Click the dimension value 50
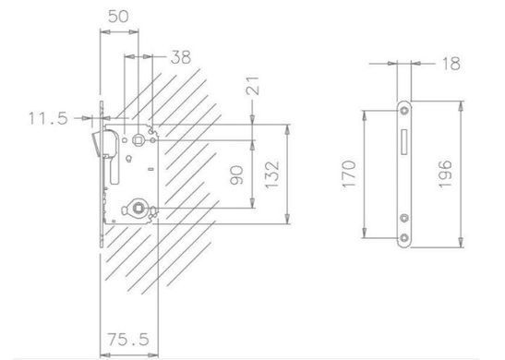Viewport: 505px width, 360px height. click(118, 17)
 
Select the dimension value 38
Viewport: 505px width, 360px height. click(181, 57)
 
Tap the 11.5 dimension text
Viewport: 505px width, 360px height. click(48, 118)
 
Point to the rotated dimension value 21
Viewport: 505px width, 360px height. click(253, 85)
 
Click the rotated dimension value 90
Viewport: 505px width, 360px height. click(236, 174)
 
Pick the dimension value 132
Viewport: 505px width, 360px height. click(271, 174)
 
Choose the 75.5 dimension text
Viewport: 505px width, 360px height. click(127, 340)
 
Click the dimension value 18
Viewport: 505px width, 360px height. click(451, 64)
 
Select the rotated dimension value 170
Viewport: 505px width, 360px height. click(349, 174)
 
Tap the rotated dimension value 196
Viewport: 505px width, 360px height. click(445, 174)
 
